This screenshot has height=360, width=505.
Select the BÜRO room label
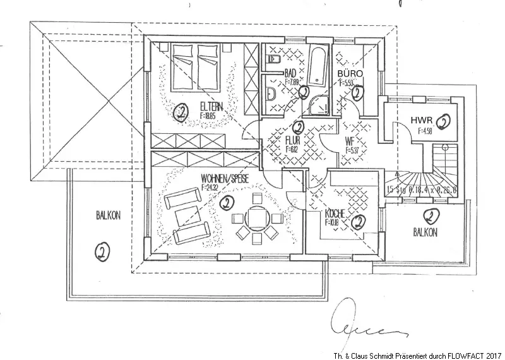(x=351, y=73)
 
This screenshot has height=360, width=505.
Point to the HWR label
(x=421, y=120)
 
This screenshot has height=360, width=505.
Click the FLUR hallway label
(x=292, y=140)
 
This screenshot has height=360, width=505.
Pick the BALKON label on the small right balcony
(x=426, y=232)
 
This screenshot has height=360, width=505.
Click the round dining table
(x=256, y=219)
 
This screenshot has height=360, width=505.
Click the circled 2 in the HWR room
(x=445, y=121)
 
